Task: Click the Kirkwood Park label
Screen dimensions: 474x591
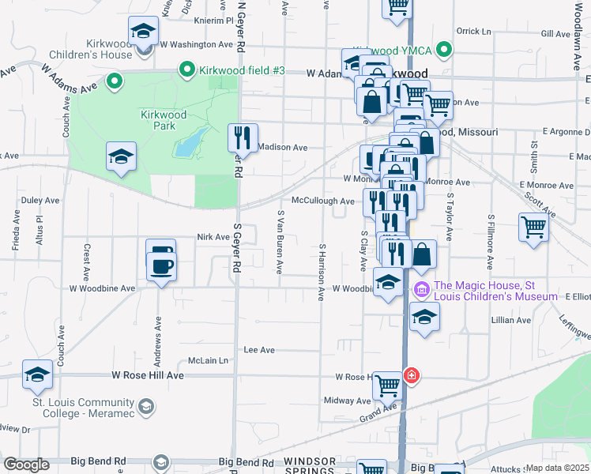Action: pos(164,120)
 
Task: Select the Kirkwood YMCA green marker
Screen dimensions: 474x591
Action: pos(445,51)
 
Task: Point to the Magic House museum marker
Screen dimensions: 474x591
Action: pos(421,291)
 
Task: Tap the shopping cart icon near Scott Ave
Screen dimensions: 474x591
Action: pos(534,228)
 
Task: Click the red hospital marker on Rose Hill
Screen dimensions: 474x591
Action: pos(411,375)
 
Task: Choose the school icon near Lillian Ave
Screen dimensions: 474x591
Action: pos(424,318)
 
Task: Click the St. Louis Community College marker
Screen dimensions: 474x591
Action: pos(145,407)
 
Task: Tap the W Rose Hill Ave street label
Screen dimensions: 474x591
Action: pos(148,375)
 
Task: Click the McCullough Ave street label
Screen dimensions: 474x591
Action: pos(322,201)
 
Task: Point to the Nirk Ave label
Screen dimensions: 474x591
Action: pos(213,236)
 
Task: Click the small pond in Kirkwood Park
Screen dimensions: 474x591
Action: pos(189,143)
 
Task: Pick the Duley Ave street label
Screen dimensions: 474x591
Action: pos(40,201)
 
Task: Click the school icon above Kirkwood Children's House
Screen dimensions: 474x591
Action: pos(143,31)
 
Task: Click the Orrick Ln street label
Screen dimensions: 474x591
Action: pos(473,32)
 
